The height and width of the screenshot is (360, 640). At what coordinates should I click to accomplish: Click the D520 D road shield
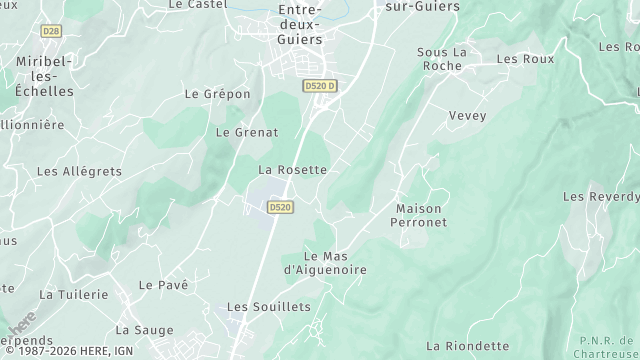(x=319, y=86)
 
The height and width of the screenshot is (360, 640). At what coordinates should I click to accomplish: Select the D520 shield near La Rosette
(x=280, y=207)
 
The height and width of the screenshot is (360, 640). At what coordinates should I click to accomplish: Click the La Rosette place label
(x=292, y=170)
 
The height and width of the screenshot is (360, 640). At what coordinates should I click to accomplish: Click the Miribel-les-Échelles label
(x=44, y=76)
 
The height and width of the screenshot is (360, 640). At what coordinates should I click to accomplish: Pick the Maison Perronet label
(x=421, y=215)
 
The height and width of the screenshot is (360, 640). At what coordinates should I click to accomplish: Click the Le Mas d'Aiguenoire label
(x=325, y=263)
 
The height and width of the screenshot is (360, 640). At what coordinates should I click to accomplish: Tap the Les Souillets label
(x=269, y=307)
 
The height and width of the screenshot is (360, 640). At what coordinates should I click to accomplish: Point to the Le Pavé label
(x=164, y=285)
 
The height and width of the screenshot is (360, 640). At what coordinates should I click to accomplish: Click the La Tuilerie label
(x=73, y=295)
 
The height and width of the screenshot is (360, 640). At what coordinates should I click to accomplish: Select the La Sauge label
(x=144, y=330)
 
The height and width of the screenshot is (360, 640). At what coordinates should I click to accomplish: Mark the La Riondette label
(x=467, y=346)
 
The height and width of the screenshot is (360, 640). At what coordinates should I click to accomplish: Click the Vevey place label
(x=467, y=116)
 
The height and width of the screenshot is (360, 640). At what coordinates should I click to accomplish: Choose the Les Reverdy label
(x=599, y=197)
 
